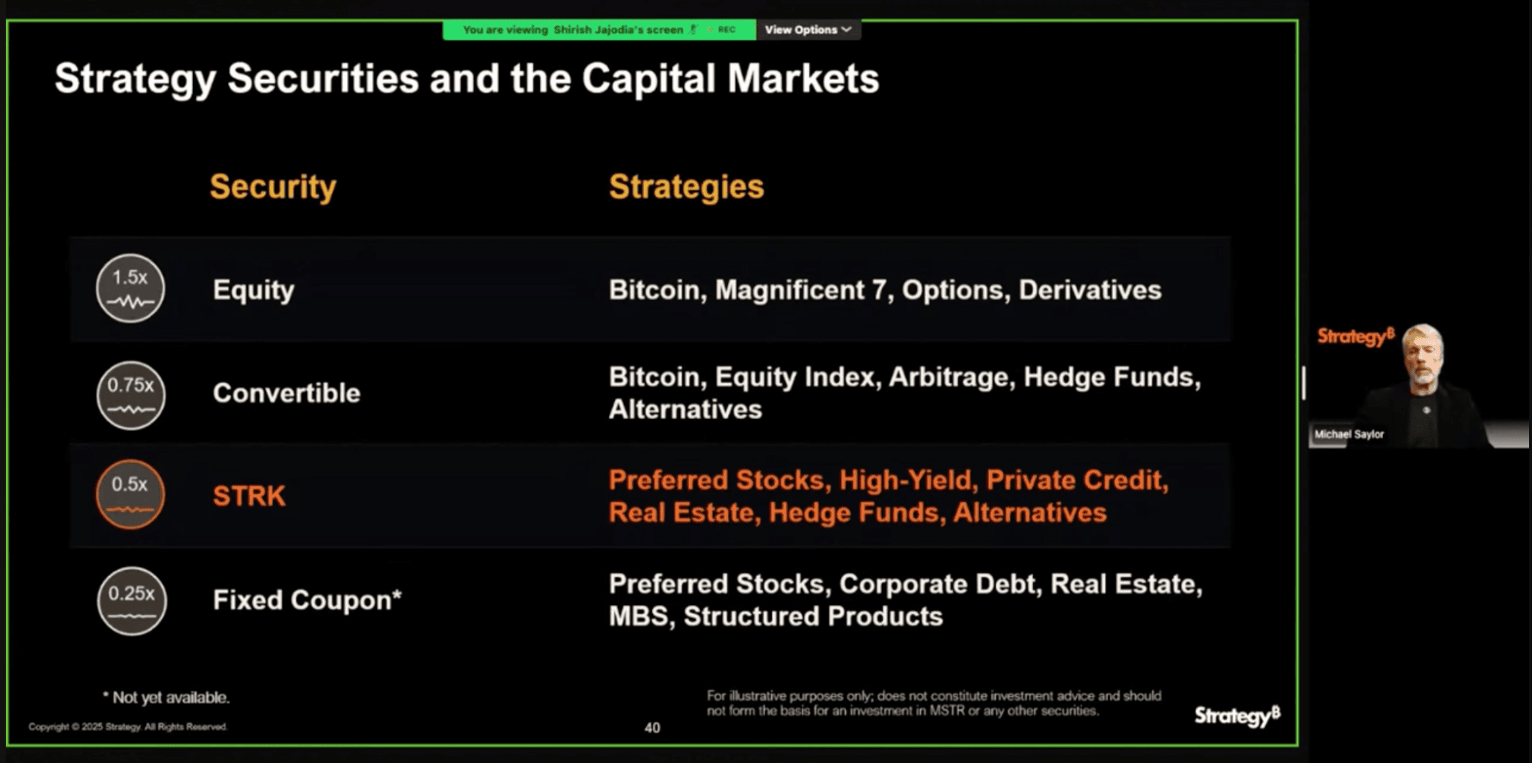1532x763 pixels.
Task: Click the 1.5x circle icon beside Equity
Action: (130, 289)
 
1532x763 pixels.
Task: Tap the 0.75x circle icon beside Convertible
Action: (131, 395)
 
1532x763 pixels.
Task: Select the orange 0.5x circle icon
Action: (130, 494)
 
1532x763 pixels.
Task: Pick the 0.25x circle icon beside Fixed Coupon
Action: (132, 601)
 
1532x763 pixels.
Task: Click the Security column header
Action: (273, 187)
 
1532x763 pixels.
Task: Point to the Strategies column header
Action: (687, 186)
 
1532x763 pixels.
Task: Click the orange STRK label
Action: (249, 496)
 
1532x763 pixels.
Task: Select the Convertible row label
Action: (287, 393)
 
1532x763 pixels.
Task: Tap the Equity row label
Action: (254, 290)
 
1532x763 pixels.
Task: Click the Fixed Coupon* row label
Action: (307, 600)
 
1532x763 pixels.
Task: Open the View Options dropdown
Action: (808, 30)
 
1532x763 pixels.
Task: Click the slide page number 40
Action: (652, 728)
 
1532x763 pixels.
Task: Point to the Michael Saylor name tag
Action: (1349, 434)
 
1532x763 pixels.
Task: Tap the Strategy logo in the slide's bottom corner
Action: (1237, 716)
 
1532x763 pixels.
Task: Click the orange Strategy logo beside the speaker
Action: (1355, 337)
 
